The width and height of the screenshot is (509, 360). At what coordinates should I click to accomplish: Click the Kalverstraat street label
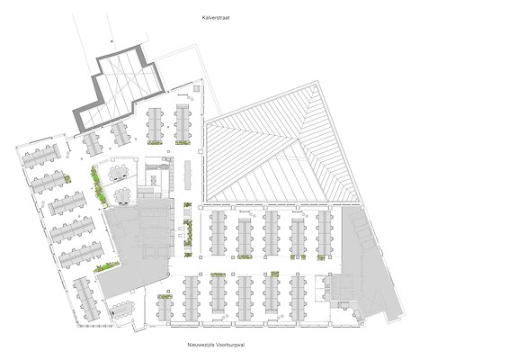(216, 18)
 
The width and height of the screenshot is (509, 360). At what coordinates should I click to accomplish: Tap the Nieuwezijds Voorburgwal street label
(216, 345)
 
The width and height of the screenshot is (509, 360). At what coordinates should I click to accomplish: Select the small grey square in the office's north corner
(196, 88)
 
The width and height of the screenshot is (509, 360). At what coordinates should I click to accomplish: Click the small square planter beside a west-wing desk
(68, 178)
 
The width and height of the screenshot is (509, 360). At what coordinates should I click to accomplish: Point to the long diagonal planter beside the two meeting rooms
(99, 185)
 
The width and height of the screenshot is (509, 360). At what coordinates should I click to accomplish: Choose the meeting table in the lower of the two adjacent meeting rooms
(122, 196)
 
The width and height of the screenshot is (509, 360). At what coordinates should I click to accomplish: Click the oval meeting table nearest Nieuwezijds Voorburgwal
(121, 309)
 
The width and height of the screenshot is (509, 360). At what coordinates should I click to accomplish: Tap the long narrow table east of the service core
(188, 175)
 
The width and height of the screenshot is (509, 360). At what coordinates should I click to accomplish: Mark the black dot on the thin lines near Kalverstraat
(112, 41)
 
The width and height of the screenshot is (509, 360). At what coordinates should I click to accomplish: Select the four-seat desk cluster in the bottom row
(165, 309)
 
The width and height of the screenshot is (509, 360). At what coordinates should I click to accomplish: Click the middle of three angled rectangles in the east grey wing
(363, 234)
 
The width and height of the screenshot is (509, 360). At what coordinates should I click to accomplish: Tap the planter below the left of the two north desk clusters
(155, 142)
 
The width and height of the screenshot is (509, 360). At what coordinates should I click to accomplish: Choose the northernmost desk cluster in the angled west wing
(41, 156)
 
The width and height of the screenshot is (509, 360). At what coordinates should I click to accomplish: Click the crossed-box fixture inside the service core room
(153, 180)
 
